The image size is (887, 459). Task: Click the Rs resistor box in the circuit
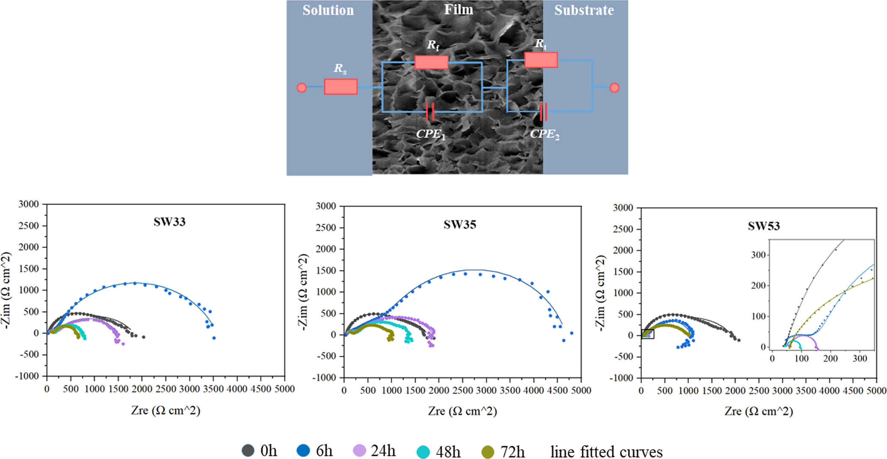pos(341,86)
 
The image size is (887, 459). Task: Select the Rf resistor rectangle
pos(432,62)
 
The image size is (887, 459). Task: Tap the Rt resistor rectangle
pos(541,60)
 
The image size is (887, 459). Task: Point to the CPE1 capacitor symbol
pos(430,112)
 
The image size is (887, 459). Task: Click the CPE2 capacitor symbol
pos(543,112)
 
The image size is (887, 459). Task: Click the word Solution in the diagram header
pos(328,10)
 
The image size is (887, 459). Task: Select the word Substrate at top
pos(584,10)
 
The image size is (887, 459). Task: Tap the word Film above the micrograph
pos(458,9)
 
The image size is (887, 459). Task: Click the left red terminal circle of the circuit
pos(301,88)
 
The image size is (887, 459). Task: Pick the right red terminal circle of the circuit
pos(614,88)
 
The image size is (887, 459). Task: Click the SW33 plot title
pos(170,222)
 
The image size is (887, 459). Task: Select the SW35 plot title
pos(460,224)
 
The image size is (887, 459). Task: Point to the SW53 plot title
pos(764,226)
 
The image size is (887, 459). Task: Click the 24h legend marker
pos(360,450)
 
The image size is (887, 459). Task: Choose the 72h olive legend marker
pos(488,452)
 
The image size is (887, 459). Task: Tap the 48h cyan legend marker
pos(423,452)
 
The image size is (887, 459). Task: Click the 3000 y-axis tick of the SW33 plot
pos(28,204)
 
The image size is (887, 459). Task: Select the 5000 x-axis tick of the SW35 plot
pos(581,390)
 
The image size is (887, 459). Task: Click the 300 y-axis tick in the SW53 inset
pos(758,255)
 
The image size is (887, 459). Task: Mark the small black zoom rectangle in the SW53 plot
pos(648,334)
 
